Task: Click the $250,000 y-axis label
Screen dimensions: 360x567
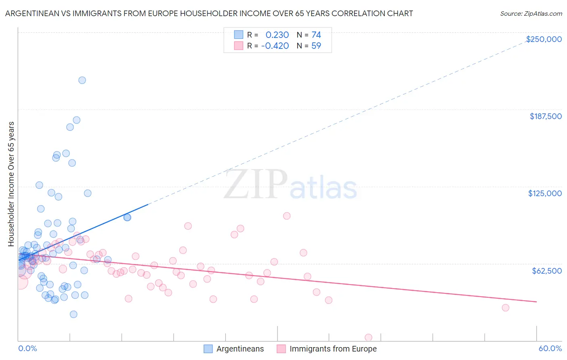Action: (544, 39)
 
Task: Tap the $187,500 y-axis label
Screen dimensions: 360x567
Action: (545, 116)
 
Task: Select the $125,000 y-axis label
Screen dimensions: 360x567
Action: (545, 193)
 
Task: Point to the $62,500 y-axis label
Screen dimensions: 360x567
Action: (546, 271)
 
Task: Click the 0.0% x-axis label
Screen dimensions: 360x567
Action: (27, 348)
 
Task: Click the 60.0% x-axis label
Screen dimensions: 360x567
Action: (550, 348)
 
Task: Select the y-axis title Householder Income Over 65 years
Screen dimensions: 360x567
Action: (11, 184)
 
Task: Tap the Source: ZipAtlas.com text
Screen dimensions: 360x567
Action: (531, 13)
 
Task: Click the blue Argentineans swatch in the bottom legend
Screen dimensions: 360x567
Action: (208, 349)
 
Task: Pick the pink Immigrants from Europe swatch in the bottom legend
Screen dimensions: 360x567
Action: (281, 349)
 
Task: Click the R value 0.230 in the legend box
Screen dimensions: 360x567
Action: (277, 35)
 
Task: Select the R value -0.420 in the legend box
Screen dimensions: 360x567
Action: (275, 46)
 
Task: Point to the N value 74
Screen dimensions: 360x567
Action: (316, 35)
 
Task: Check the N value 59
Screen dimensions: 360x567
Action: (316, 46)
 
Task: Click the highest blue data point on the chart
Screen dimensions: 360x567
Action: (82, 80)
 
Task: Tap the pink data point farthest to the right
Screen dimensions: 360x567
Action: (505, 308)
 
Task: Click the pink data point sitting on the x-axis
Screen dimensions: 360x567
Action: (368, 337)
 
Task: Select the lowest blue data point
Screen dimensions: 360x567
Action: (73, 314)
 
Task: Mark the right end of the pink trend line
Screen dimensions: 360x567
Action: (536, 302)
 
